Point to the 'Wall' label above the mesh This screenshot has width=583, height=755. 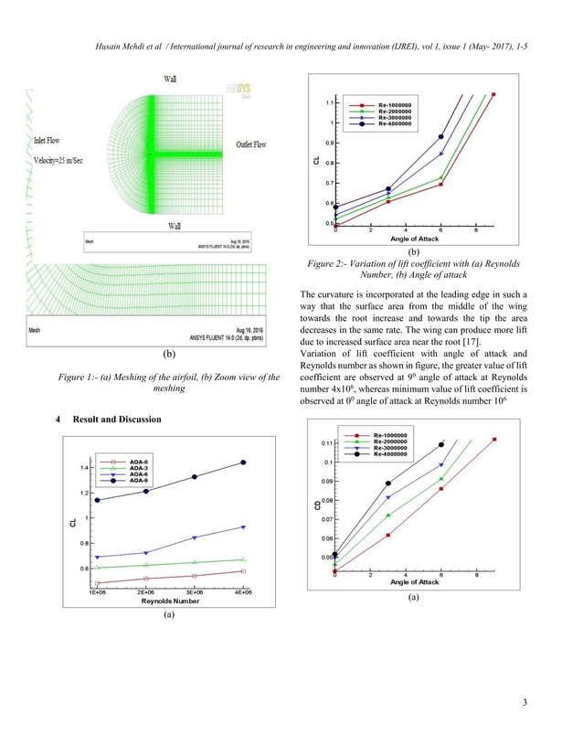pos(171,80)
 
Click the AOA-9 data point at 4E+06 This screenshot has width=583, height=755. pos(243,463)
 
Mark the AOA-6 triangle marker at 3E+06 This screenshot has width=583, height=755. pos(195,537)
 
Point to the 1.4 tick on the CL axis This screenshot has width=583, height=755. pos(86,468)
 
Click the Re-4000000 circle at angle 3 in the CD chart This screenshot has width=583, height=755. pos(388,484)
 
